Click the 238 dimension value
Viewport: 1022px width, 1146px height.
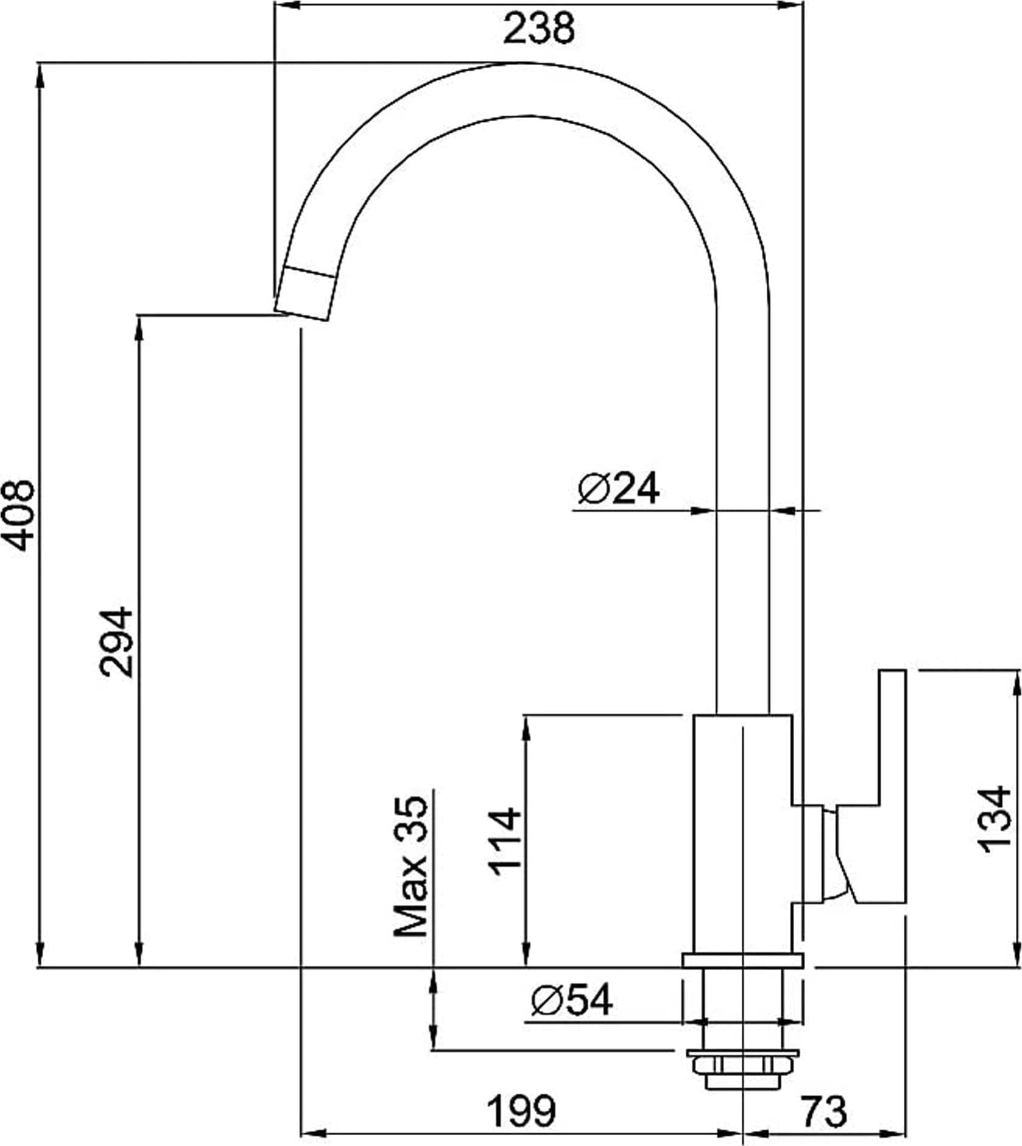pyautogui.click(x=539, y=29)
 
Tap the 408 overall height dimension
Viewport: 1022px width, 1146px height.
pyautogui.click(x=18, y=515)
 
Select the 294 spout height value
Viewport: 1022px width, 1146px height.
pyautogui.click(x=116, y=642)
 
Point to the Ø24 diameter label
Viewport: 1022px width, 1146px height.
pyautogui.click(x=618, y=489)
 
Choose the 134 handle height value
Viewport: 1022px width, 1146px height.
pyautogui.click(x=994, y=818)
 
